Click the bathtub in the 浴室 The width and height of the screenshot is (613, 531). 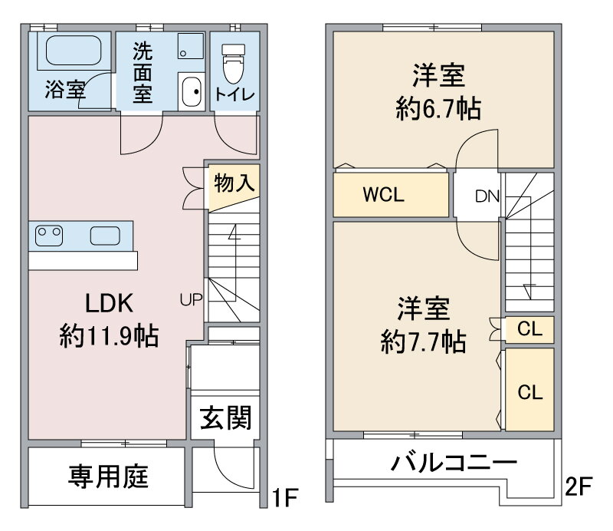click(74, 51)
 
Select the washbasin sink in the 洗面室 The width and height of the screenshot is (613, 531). click(192, 91)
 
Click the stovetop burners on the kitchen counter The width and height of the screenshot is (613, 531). click(49, 236)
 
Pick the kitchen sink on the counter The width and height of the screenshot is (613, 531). click(105, 236)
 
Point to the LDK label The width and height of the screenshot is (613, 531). click(109, 303)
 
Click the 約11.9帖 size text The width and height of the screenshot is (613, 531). click(109, 336)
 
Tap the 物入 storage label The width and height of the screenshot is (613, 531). click(234, 183)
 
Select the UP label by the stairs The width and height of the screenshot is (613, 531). click(191, 300)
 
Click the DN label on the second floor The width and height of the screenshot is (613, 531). click(487, 196)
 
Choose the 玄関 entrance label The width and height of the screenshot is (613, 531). click(225, 417)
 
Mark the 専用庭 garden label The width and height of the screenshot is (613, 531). click(108, 477)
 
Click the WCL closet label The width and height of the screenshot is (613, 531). click(384, 195)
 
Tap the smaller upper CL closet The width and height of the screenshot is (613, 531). click(529, 329)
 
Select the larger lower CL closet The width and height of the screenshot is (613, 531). click(529, 390)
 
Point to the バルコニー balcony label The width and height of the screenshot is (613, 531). click(454, 463)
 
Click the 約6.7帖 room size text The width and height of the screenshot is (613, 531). click(438, 108)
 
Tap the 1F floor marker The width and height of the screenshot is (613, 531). click(285, 497)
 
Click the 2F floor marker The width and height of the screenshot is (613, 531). click(579, 486)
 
